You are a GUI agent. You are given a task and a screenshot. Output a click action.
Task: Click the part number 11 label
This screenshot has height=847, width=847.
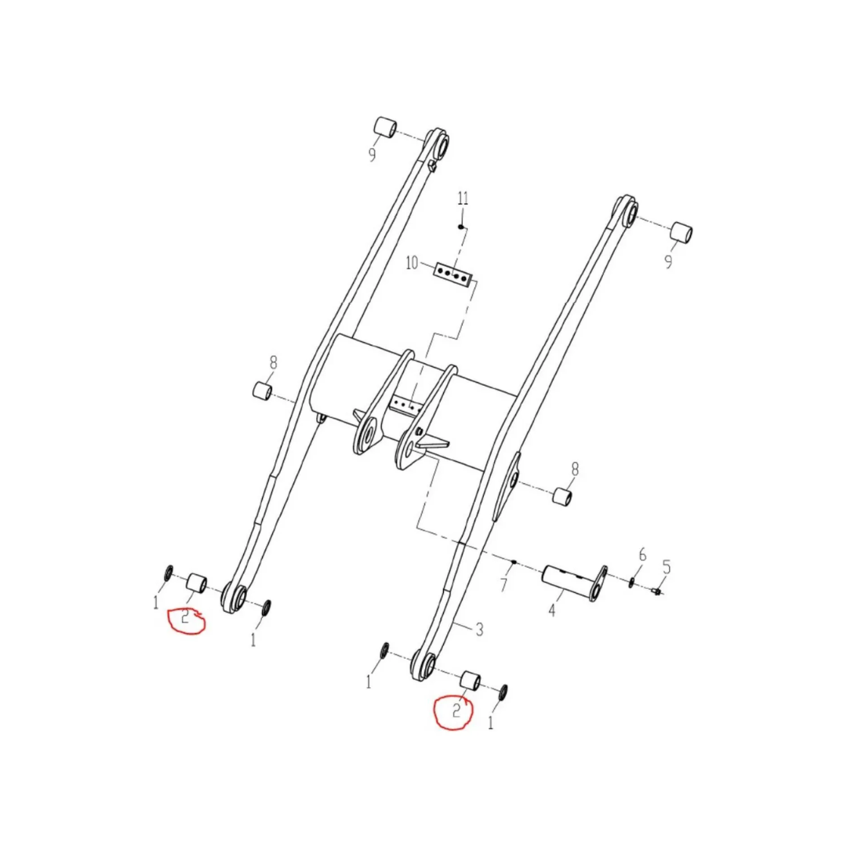pos(463,198)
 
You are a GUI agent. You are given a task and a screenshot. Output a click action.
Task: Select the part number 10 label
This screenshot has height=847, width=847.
pos(412,263)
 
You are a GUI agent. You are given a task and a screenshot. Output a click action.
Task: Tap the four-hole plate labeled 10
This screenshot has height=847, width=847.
pos(453,275)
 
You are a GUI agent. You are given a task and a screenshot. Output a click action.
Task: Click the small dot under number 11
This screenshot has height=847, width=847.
pos(461,227)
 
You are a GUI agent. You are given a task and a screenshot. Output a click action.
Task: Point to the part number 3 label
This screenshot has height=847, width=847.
pos(479,629)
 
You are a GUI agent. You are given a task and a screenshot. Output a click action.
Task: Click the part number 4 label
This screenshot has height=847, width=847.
pos(551,611)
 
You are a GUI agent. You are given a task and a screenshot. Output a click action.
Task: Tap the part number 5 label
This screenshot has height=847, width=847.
pos(667,567)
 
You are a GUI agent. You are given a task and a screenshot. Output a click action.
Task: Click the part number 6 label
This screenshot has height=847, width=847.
pos(642,554)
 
